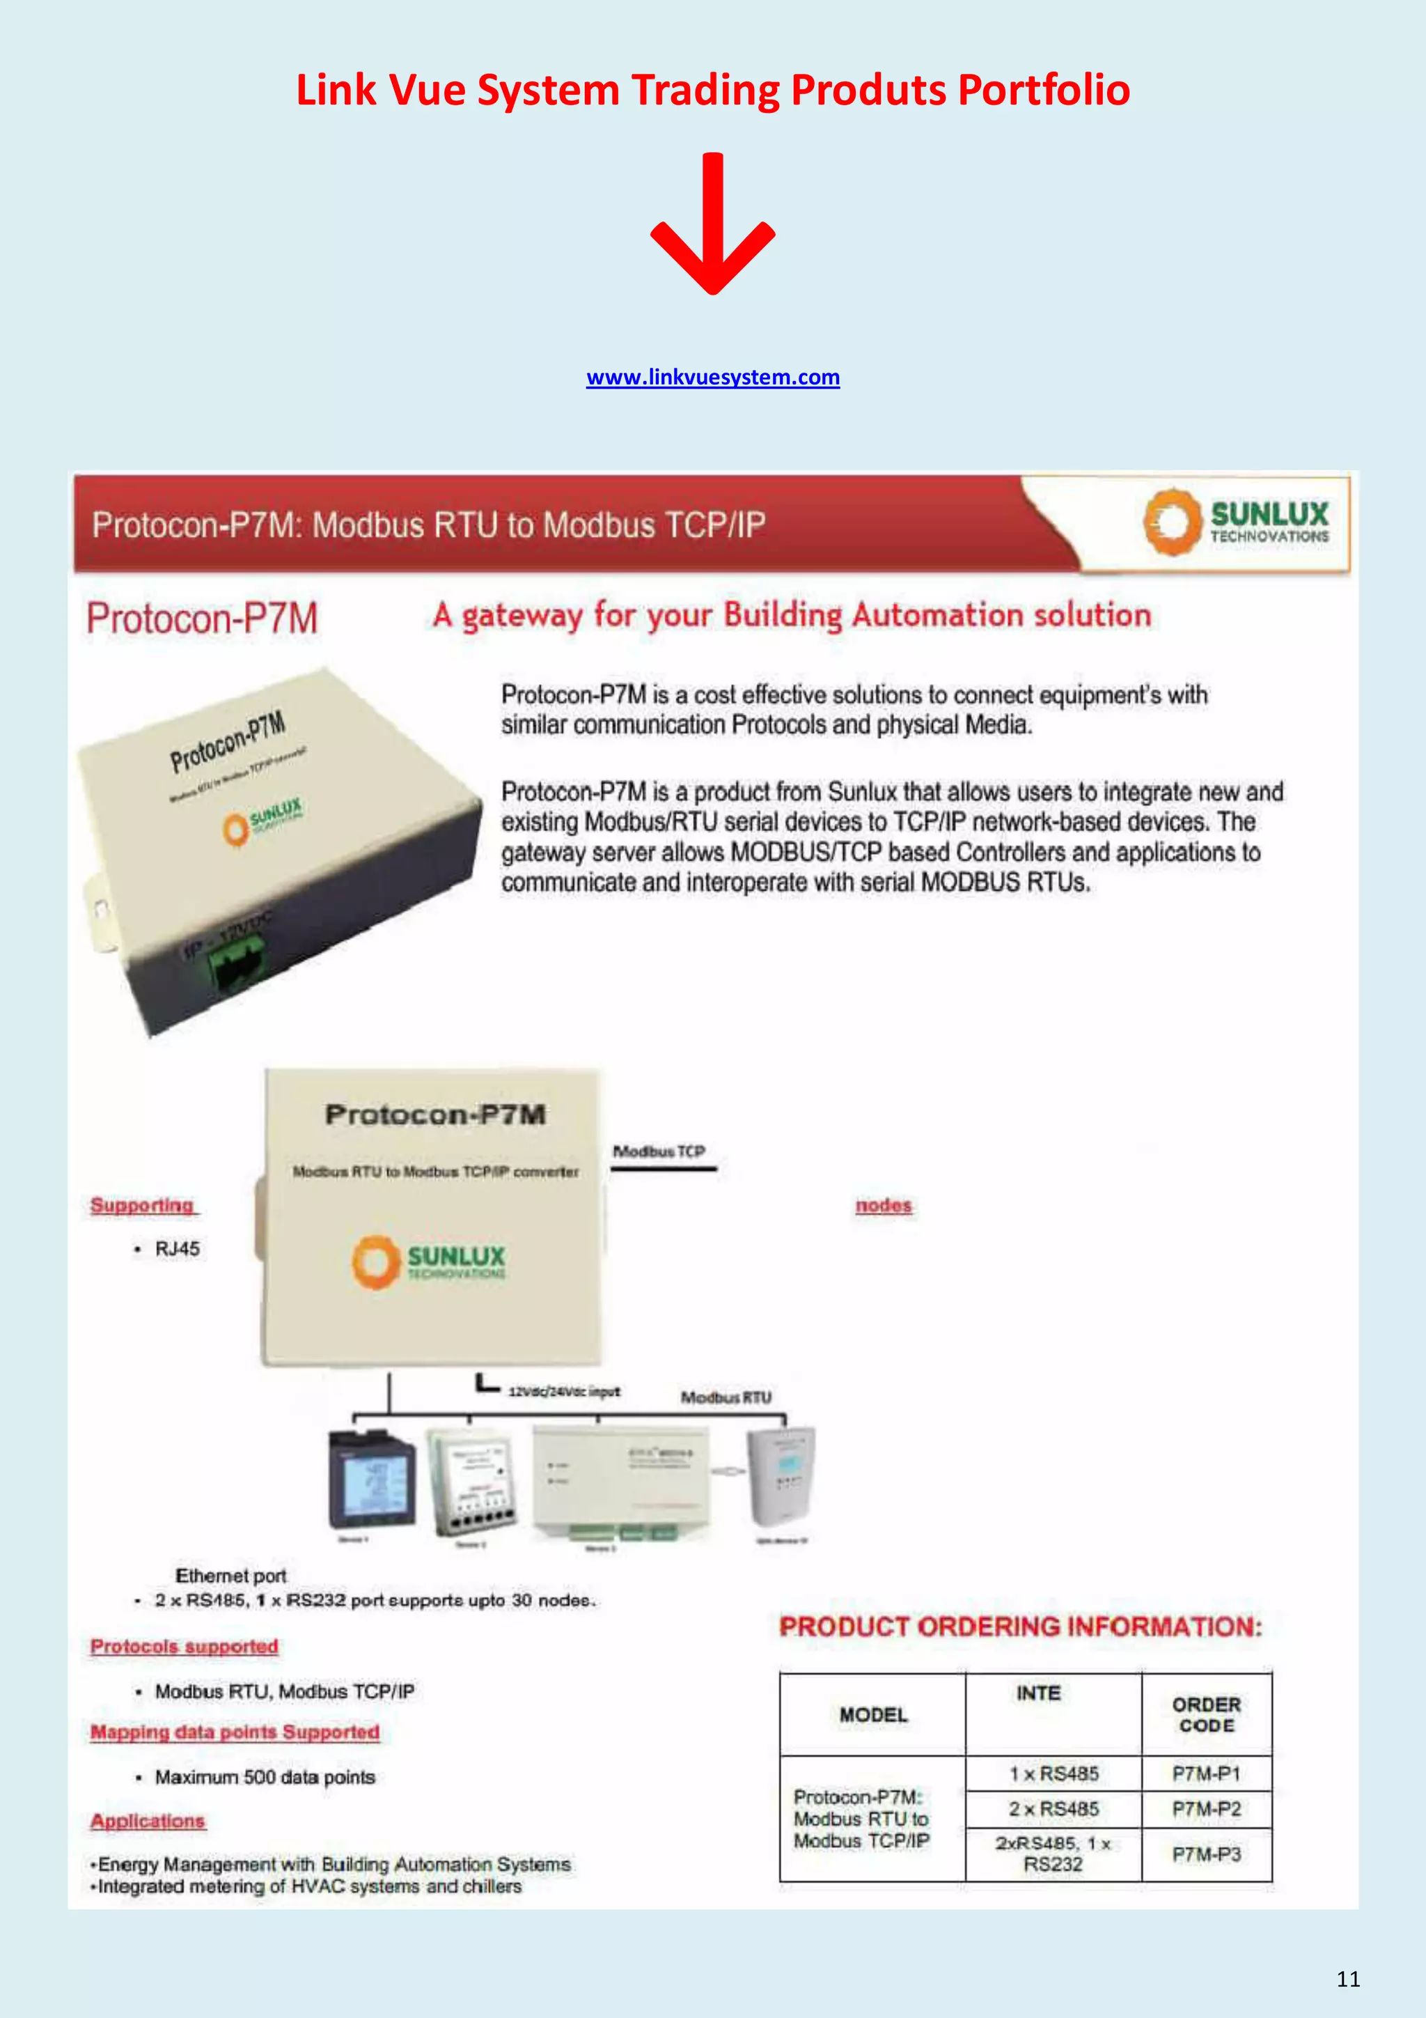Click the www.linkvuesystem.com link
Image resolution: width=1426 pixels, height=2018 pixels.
(x=712, y=378)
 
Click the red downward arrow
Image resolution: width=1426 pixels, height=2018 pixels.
(x=712, y=224)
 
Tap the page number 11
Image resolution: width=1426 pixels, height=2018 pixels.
(x=1348, y=1978)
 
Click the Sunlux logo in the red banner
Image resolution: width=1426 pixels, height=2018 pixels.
(x=1236, y=522)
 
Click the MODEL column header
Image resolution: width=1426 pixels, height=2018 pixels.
(x=872, y=1715)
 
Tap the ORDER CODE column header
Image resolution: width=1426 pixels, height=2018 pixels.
(x=1207, y=1715)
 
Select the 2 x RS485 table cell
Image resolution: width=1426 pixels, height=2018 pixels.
(x=1053, y=1809)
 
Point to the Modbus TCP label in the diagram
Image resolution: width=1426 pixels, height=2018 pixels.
(x=659, y=1151)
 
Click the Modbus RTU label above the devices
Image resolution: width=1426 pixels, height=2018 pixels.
(x=726, y=1397)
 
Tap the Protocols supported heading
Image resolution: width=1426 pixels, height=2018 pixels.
(x=184, y=1646)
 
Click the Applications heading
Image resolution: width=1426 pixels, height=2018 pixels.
(x=148, y=1820)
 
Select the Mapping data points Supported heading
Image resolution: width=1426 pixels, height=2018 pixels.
(x=235, y=1732)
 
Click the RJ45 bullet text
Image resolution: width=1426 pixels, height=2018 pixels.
(x=178, y=1249)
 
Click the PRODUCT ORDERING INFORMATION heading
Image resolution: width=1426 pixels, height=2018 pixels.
(x=1020, y=1627)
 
